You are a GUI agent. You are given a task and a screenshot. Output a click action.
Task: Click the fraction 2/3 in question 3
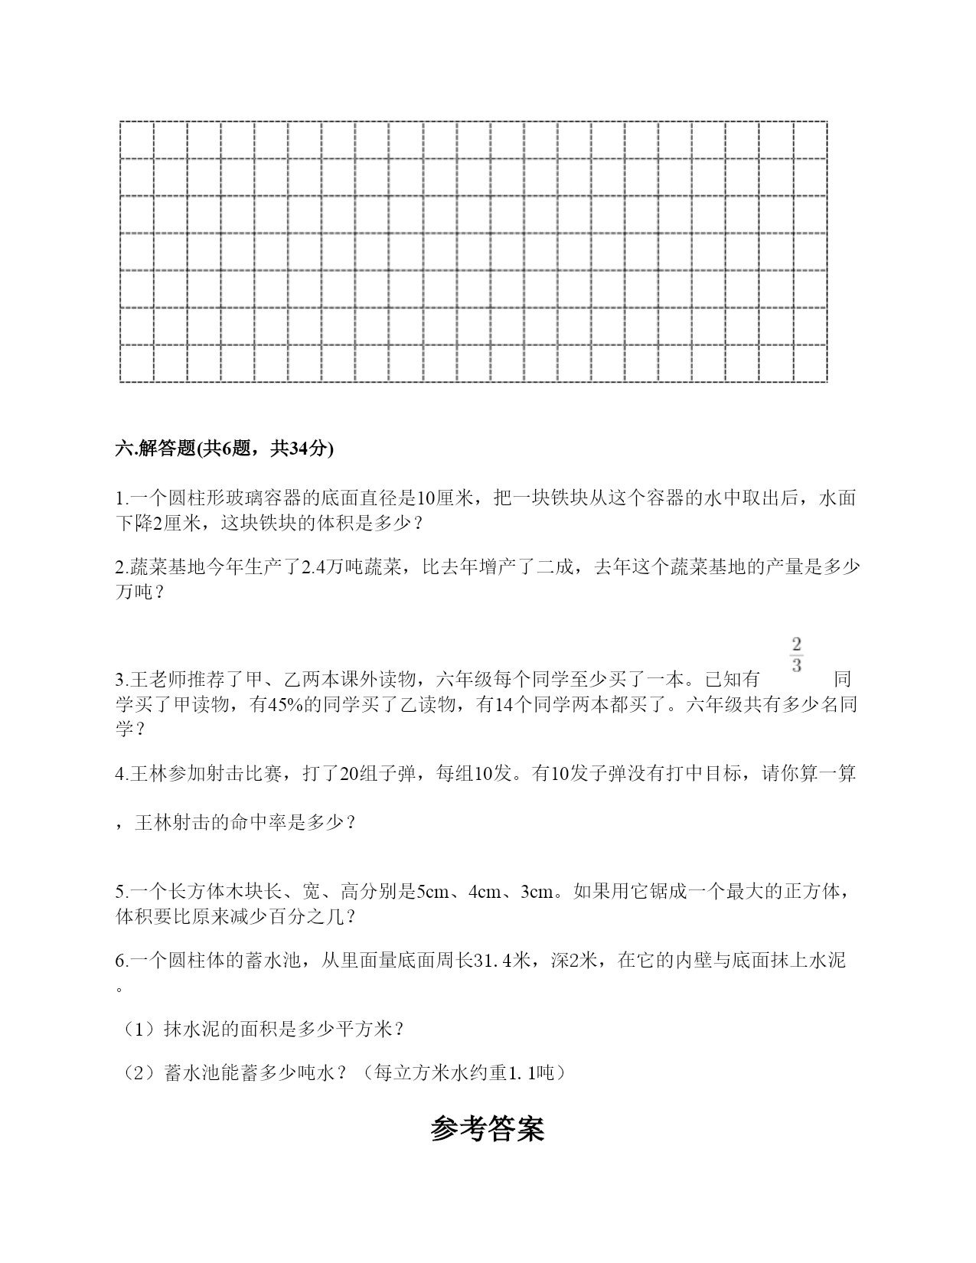(x=796, y=654)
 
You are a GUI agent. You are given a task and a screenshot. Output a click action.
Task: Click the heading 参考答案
(x=488, y=1129)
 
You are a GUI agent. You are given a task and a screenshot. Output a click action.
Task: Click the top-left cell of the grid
(x=137, y=140)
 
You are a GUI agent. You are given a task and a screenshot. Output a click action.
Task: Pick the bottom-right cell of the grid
(x=810, y=364)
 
